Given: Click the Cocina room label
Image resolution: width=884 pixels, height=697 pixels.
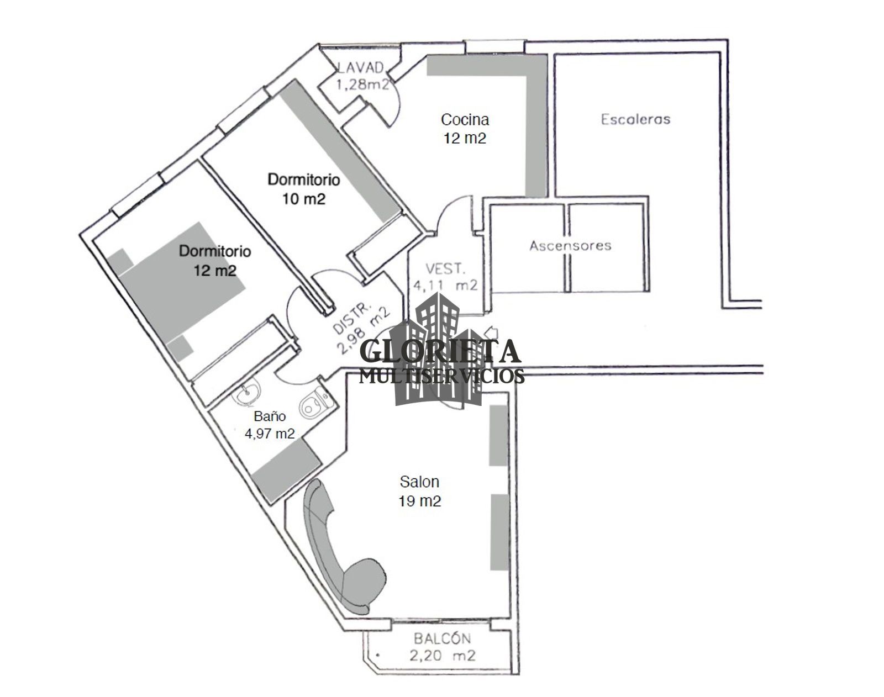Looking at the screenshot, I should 465,119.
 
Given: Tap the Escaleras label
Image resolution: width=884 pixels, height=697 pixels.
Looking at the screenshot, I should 635,119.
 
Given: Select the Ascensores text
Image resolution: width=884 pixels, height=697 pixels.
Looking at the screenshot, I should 570,245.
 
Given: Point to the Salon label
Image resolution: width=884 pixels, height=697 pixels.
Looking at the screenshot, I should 419,482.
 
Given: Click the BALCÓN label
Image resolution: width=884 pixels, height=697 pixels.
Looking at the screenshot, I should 442,639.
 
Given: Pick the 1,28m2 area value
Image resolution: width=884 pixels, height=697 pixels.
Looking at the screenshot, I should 364,85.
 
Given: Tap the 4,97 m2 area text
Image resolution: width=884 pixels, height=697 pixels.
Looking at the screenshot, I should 270,434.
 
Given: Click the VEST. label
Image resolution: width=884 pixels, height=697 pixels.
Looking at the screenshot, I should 446,269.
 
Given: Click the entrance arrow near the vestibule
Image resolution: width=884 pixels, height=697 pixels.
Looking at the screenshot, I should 490,332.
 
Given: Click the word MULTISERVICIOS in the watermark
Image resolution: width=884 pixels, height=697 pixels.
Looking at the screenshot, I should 441,377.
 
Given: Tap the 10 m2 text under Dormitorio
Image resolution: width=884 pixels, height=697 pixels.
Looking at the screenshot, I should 303,199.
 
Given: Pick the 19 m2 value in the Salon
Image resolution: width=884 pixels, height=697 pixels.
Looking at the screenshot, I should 419,501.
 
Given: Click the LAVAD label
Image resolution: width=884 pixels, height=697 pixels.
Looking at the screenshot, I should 360,67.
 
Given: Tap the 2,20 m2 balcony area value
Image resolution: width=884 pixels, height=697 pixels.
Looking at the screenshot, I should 442,656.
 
